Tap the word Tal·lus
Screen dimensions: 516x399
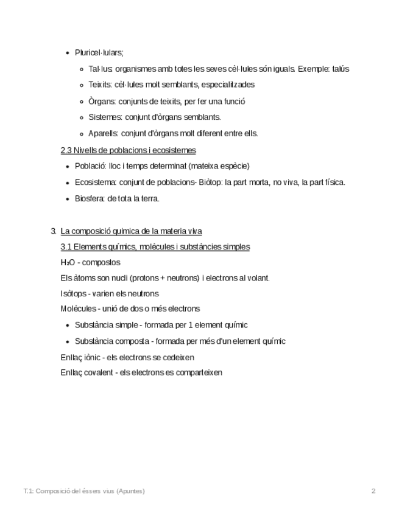(x=100, y=69)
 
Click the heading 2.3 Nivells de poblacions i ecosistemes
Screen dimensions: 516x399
(x=128, y=150)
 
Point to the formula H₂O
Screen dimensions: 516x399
(x=68, y=262)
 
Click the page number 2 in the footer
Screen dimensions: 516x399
(x=373, y=491)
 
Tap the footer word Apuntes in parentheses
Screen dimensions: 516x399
(x=130, y=491)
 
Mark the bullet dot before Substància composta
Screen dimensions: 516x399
(x=67, y=341)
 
